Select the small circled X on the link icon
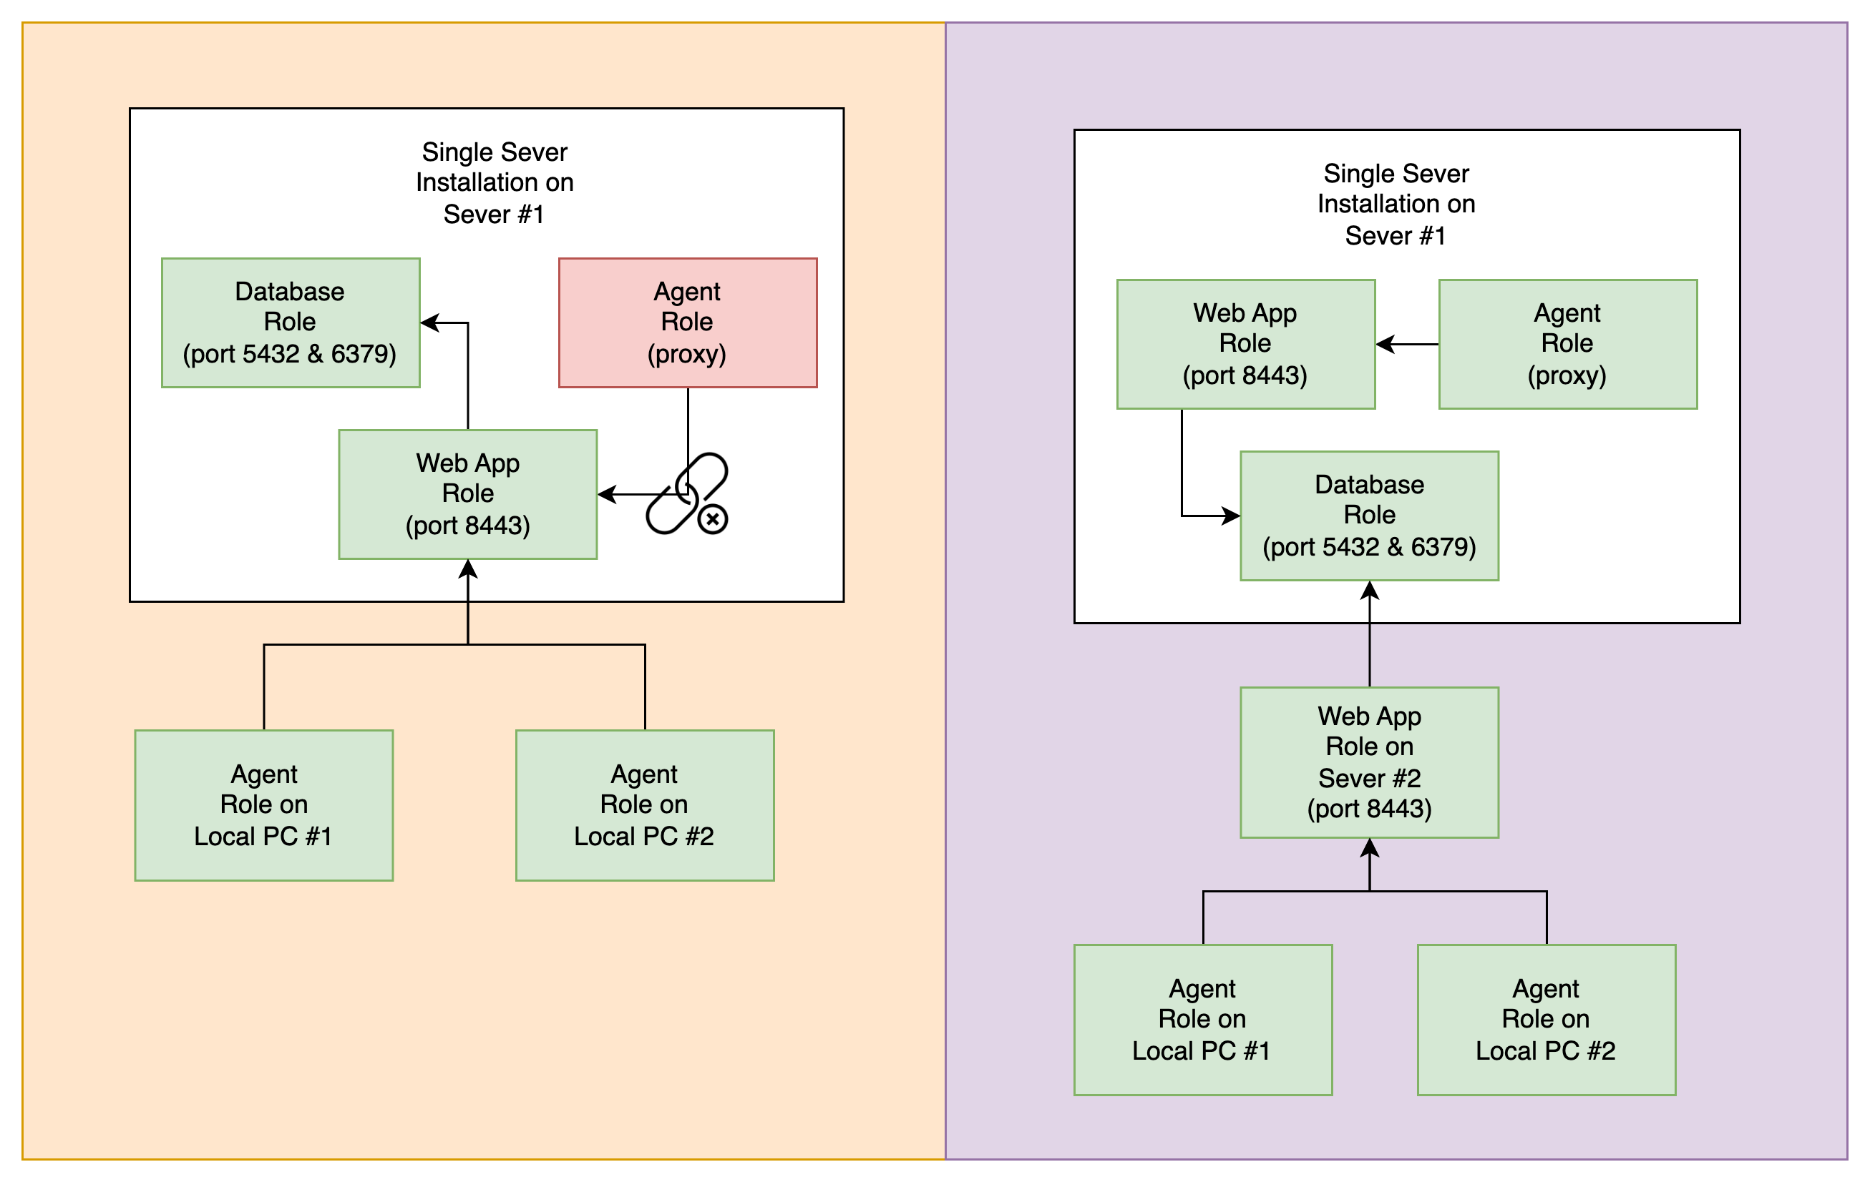point(712,519)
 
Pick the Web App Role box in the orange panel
point(467,494)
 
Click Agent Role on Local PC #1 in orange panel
point(263,805)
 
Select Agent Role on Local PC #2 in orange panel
point(645,805)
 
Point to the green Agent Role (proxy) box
point(1567,344)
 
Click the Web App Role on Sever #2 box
point(1369,762)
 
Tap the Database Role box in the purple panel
point(1369,516)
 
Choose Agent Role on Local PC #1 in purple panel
point(1202,1019)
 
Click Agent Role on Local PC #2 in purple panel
point(1545,1019)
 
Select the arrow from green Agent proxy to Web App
point(1406,344)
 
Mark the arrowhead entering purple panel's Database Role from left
point(1231,516)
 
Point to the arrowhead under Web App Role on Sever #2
point(1369,848)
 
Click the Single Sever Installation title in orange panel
point(494,182)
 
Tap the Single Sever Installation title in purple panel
point(1396,204)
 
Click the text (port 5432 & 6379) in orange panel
point(290,354)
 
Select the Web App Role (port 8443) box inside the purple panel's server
point(1245,344)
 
